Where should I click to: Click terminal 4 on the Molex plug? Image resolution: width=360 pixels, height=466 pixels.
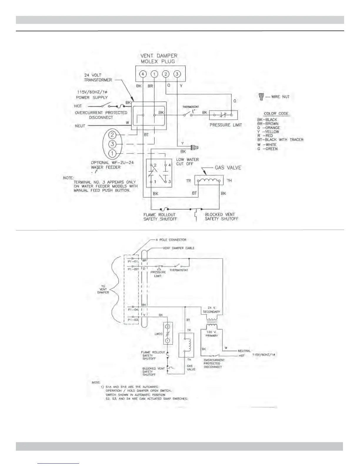coord(143,74)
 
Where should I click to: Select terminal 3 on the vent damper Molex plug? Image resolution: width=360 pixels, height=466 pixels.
coord(177,74)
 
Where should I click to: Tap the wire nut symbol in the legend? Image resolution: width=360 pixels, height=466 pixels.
coord(261,96)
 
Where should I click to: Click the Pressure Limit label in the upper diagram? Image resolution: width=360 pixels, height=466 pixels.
coord(226,125)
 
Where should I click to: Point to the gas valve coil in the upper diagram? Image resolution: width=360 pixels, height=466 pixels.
coord(209,181)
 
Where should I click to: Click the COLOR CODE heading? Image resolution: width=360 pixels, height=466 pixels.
coord(276,114)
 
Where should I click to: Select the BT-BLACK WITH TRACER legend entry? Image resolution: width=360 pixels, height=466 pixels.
coord(280,140)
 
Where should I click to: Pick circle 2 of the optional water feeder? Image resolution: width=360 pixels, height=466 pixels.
coord(112,135)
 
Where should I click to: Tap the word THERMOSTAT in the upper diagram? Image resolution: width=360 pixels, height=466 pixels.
coord(191,107)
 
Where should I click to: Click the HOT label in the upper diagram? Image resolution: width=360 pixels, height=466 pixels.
coord(78,106)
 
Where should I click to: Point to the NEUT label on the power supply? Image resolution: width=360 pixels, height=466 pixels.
coord(80,126)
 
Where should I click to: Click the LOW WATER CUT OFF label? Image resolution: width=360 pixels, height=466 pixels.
coord(187,162)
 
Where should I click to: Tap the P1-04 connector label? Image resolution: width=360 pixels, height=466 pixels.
coord(133,310)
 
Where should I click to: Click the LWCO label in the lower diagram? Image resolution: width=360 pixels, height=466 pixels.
coord(159,334)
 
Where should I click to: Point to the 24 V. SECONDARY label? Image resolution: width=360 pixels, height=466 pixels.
coord(211,310)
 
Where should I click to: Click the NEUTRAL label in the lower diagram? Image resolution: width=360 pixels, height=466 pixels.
coord(244,351)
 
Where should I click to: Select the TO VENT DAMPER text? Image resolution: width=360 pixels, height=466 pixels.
coord(103,289)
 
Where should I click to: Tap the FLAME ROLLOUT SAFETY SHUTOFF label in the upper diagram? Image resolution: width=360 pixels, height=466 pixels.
coord(160,217)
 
